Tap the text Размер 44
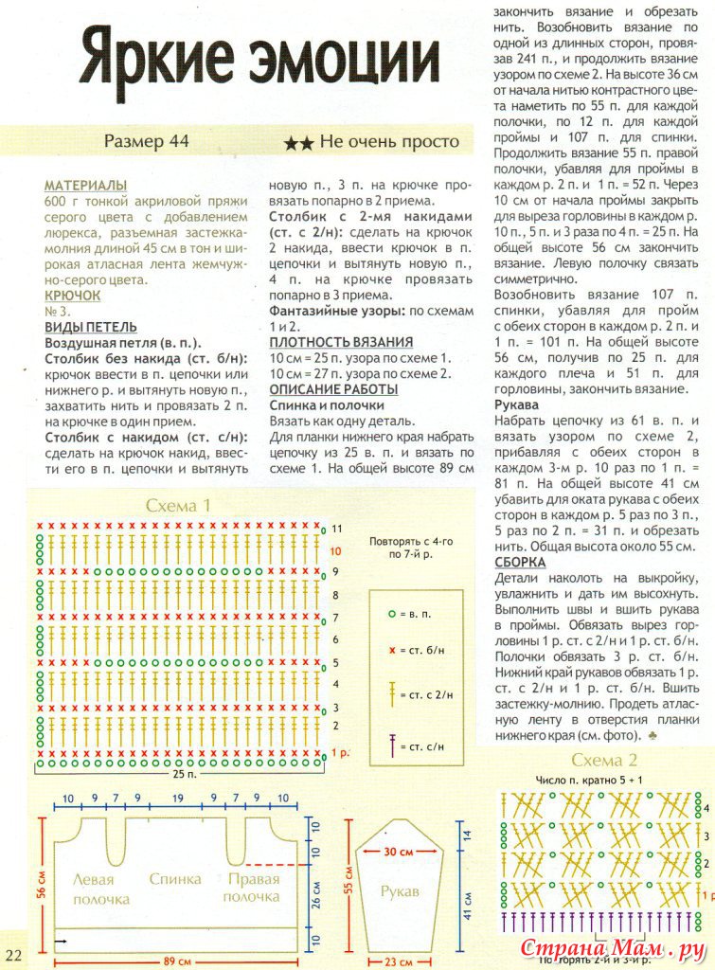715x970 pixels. [147, 142]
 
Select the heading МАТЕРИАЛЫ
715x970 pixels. [86, 187]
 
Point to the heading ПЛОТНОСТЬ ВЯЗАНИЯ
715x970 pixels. [341, 342]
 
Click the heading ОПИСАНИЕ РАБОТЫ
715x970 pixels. [333, 389]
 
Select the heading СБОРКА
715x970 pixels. [520, 563]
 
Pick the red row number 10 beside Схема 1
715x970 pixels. [335, 550]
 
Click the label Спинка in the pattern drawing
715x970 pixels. [175, 879]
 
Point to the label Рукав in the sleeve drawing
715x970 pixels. [400, 892]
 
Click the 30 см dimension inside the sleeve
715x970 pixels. [399, 852]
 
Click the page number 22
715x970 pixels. [13, 953]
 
